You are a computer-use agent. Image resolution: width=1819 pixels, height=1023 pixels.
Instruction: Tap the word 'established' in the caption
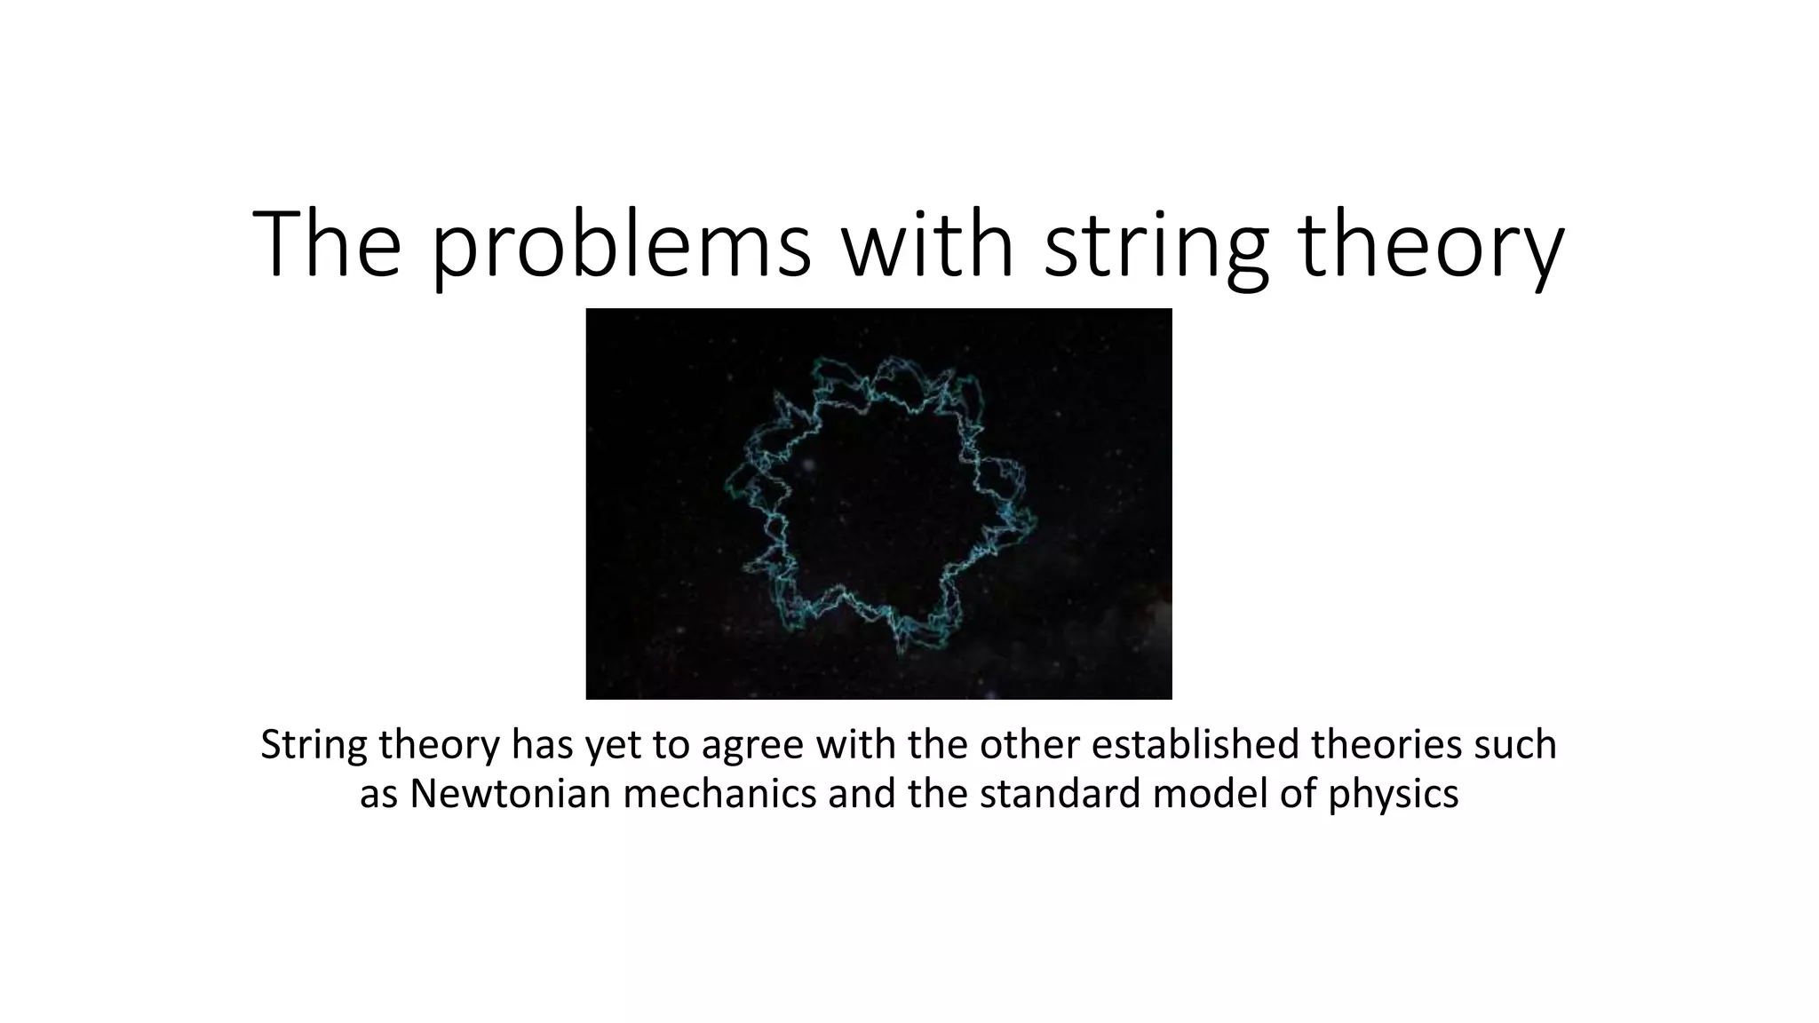click(1195, 744)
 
